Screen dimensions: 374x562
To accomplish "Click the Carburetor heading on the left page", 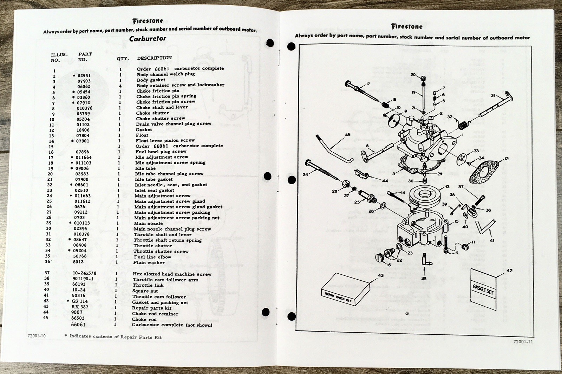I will tap(148, 39).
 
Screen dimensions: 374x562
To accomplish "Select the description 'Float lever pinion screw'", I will tap(165, 140).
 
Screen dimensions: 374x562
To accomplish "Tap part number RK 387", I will tap(80, 307).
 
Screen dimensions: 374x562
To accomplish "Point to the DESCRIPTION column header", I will tap(154, 58).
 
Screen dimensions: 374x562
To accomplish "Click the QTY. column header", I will tap(123, 59).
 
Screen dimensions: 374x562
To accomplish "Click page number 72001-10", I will tap(37, 335).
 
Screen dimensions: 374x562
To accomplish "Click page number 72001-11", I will tap(523, 341).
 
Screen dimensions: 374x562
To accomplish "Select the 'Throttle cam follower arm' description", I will tap(165, 280).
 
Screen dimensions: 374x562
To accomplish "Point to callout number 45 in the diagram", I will tap(347, 135).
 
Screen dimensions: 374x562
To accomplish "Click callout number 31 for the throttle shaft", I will tap(493, 95).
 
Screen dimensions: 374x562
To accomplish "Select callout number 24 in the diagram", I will tap(305, 174).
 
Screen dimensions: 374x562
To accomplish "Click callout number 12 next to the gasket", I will tap(506, 159).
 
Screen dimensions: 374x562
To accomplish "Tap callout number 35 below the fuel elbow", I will tap(424, 278).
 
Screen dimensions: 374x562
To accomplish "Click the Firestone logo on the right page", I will tap(407, 26).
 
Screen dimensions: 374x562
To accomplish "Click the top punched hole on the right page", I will tap(291, 46).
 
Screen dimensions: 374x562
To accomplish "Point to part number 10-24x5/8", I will tap(84, 273).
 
